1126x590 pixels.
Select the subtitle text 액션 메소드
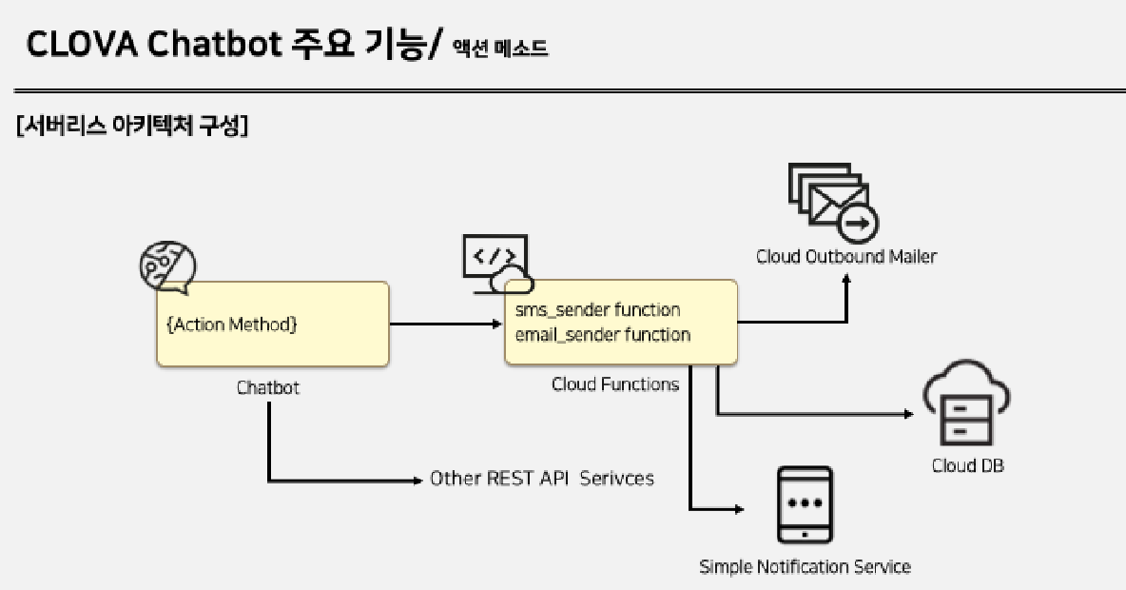(500, 49)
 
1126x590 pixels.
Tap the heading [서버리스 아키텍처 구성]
(133, 128)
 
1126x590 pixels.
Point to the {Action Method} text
(231, 324)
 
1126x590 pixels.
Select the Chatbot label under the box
(267, 387)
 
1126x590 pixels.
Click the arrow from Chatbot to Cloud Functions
(445, 324)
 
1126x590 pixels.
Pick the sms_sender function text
(597, 310)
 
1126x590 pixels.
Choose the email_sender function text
(602, 335)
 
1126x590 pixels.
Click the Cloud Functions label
(615, 384)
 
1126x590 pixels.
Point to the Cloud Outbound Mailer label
(846, 257)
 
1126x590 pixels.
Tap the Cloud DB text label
(967, 466)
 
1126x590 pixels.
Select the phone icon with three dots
(805, 504)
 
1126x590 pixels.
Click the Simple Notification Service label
(805, 567)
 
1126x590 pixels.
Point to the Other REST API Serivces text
(542, 479)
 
